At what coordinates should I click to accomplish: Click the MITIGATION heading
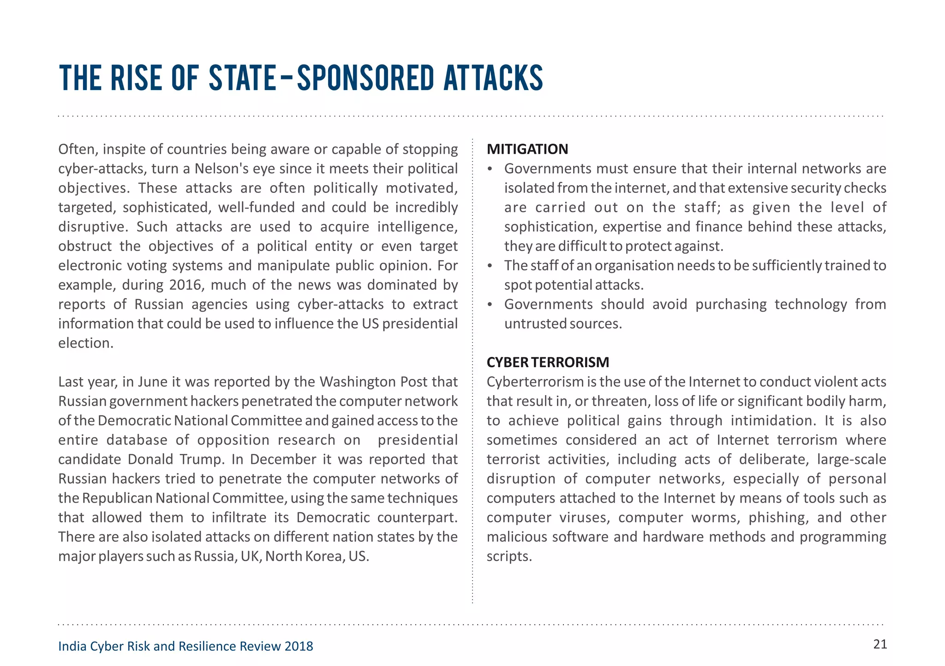(x=527, y=149)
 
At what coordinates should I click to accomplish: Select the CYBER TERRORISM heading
(x=548, y=362)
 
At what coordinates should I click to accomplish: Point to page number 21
(x=880, y=644)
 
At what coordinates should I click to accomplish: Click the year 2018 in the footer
(x=299, y=646)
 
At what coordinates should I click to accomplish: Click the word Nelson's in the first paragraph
(x=222, y=168)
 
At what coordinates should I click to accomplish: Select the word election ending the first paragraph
(x=85, y=343)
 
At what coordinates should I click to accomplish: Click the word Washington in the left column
(x=357, y=382)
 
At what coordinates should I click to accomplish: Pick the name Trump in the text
(x=204, y=459)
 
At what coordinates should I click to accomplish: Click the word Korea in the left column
(x=324, y=556)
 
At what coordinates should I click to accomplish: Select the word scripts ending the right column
(x=509, y=556)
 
